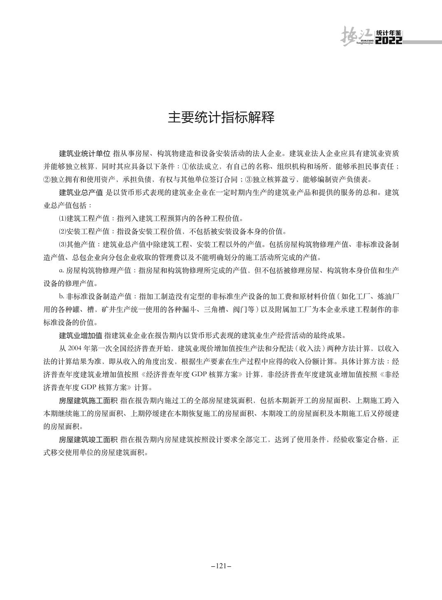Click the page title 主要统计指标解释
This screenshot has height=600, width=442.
pyautogui.click(x=221, y=118)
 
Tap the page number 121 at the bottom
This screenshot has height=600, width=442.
pyautogui.click(x=221, y=566)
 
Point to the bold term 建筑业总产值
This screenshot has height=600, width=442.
pyautogui.click(x=81, y=193)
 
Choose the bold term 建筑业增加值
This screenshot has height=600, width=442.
pyautogui.click(x=81, y=335)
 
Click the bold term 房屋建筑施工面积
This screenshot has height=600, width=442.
pyautogui.click(x=88, y=400)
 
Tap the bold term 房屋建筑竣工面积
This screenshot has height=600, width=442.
pyautogui.click(x=88, y=439)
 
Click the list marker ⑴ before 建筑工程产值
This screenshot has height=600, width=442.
pyautogui.click(x=62, y=218)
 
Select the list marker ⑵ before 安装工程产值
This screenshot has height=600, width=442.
pyautogui.click(x=62, y=231)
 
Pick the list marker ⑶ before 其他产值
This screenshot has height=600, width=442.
pyautogui.click(x=62, y=244)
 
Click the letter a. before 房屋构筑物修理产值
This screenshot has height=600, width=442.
pyautogui.click(x=61, y=270)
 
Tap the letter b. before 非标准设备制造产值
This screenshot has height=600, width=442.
pyautogui.click(x=61, y=296)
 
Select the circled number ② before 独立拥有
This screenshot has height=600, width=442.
pyautogui.click(x=47, y=179)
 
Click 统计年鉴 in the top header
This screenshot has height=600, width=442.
pyautogui.click(x=389, y=33)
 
